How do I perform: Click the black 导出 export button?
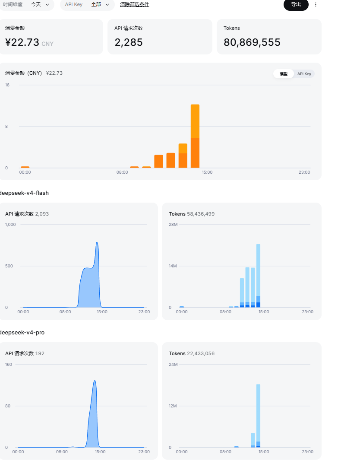tap(296, 4)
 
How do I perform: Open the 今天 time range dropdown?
tap(40, 4)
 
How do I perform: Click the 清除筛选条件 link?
tap(135, 4)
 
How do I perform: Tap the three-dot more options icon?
tap(316, 4)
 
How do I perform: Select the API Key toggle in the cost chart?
tap(304, 74)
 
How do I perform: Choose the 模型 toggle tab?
tap(284, 74)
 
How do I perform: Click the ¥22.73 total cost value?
tap(22, 42)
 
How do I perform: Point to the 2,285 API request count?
tap(129, 42)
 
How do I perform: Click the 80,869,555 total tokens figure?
tap(252, 42)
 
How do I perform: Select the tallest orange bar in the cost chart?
tap(195, 136)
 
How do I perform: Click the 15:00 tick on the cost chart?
tap(207, 172)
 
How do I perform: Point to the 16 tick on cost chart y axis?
tap(7, 85)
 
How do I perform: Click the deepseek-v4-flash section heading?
tap(24, 193)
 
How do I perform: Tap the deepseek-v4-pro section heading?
tap(22, 332)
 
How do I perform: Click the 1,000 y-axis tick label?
tap(10, 224)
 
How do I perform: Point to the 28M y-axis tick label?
tap(173, 224)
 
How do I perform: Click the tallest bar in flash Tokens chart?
tap(258, 276)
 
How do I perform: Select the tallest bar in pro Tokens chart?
tap(258, 416)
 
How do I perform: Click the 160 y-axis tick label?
tap(9, 364)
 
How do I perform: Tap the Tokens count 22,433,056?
tap(201, 353)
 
